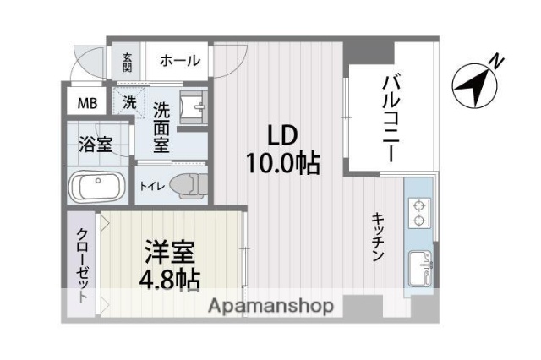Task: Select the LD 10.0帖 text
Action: coord(281,150)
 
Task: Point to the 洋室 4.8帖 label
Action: coord(168,265)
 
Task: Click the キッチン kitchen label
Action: coord(378,237)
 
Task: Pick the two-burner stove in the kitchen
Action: coord(418,212)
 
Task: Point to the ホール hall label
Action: coord(180,61)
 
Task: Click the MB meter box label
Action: coord(87,104)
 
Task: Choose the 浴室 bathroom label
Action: coord(95,143)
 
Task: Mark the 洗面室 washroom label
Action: coord(161,127)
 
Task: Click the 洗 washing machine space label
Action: coord(128,102)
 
